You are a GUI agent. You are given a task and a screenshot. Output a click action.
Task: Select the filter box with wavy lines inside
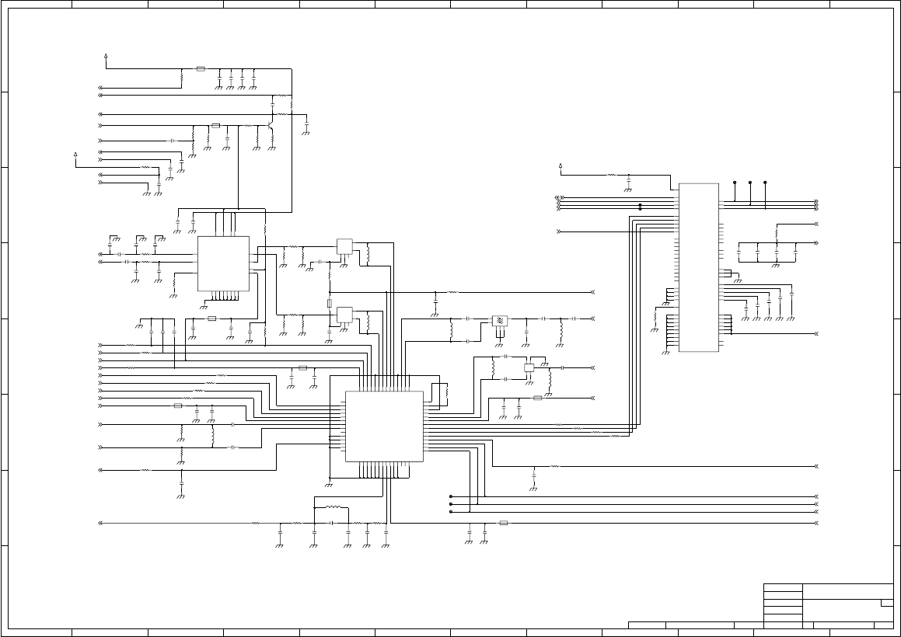click(x=500, y=320)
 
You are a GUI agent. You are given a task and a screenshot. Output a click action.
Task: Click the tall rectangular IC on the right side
click(x=699, y=267)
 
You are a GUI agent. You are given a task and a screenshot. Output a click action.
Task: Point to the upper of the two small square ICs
click(x=344, y=246)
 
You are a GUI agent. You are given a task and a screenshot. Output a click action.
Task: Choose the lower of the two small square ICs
click(x=344, y=315)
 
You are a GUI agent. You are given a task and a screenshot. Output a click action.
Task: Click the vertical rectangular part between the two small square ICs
click(x=330, y=303)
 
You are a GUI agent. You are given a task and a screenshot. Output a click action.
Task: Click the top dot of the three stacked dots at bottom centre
click(x=451, y=496)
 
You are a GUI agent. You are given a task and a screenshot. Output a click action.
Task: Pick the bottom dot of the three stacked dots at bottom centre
click(x=451, y=512)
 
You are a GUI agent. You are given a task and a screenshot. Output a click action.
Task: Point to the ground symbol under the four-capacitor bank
click(x=775, y=265)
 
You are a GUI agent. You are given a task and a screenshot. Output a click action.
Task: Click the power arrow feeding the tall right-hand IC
click(x=561, y=166)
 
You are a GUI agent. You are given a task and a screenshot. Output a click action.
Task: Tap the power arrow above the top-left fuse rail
click(x=106, y=57)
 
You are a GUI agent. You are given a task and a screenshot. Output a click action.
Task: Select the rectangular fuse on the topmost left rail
click(x=201, y=69)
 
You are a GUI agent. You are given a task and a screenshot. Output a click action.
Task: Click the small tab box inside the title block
click(x=886, y=603)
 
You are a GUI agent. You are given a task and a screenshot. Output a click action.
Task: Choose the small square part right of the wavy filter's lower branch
click(x=529, y=367)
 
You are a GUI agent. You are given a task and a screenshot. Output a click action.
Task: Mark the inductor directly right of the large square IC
click(x=445, y=393)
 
